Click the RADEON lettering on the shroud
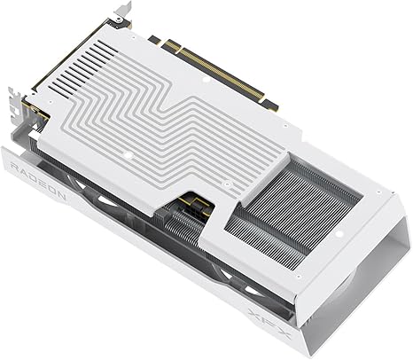[38, 180]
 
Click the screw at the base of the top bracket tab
[118, 20]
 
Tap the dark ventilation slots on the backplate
[83, 67]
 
